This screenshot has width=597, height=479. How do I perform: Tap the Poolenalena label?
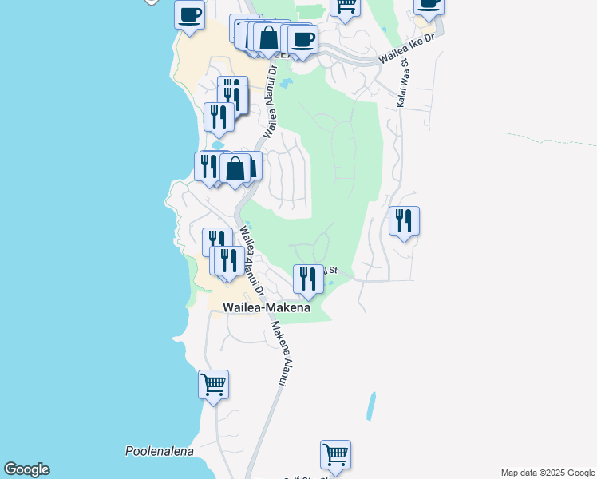click(160, 451)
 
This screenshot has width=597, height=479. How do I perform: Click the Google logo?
click(26, 469)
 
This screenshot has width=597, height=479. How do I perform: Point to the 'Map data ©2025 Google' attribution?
click(548, 473)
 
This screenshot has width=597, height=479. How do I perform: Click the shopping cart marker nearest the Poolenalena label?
click(213, 385)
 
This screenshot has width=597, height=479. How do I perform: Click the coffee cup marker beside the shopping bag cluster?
click(302, 39)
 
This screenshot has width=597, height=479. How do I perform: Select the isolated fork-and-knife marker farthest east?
click(404, 221)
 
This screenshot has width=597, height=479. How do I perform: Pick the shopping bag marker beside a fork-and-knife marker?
click(235, 169)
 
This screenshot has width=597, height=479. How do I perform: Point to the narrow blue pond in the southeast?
click(370, 406)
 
